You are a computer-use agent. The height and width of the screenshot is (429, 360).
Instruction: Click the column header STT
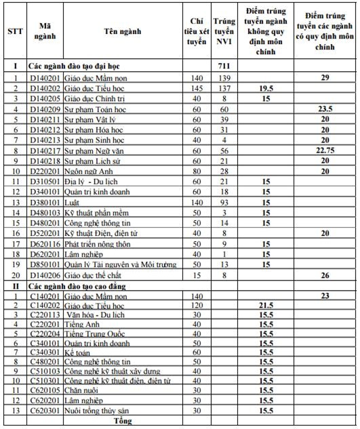pyautogui.click(x=14, y=31)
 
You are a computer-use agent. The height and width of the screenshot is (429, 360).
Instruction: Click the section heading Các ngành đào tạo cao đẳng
pyautogui.click(x=79, y=285)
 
